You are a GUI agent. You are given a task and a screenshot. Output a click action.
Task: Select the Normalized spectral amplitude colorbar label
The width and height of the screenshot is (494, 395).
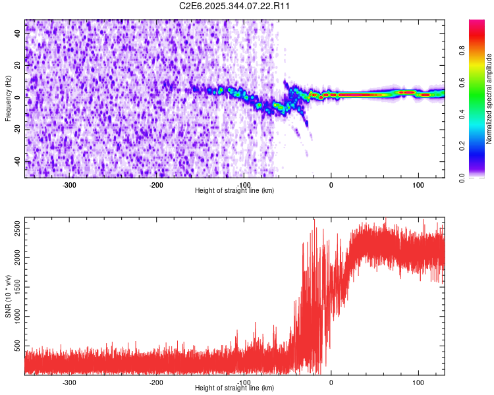pos(489,99)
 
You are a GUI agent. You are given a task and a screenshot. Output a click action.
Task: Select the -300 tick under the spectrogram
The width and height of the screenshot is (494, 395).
pos(69,184)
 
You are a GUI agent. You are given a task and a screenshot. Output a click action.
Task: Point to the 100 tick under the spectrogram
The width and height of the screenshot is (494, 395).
pos(418,184)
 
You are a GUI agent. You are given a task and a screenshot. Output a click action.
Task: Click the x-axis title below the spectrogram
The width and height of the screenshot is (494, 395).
pos(234,190)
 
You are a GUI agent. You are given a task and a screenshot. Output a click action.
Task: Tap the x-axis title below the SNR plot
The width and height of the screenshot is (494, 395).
pos(234,388)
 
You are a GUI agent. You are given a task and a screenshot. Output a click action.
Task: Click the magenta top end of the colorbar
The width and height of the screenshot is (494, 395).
pos(476,22)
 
